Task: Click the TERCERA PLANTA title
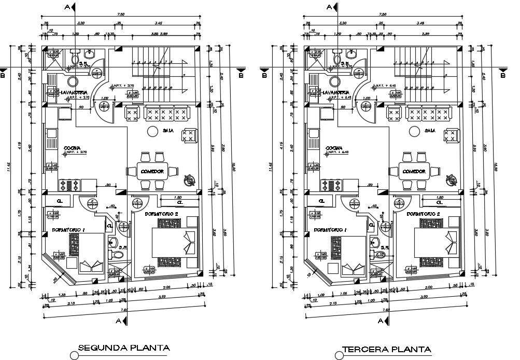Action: (x=387, y=349)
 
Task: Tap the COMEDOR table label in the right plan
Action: (x=414, y=171)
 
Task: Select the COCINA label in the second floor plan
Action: (x=72, y=148)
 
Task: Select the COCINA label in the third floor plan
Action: (x=334, y=148)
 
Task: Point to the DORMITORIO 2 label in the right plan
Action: (x=425, y=214)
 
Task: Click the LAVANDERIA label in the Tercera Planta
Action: (x=338, y=92)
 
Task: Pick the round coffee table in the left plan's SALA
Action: (x=153, y=132)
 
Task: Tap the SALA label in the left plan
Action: (x=168, y=131)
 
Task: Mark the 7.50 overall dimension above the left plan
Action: (x=121, y=15)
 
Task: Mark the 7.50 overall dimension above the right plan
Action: (x=384, y=15)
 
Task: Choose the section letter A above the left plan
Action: (x=67, y=7)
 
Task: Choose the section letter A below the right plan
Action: (x=380, y=321)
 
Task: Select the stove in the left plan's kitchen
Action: (x=70, y=183)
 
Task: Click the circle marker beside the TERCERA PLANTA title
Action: (x=339, y=355)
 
